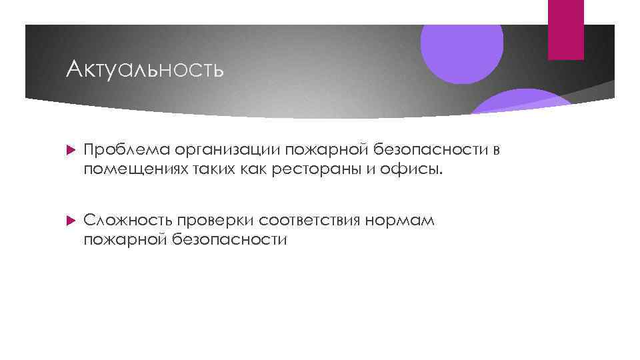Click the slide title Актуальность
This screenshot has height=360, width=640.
145,69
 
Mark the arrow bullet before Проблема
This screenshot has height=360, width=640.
73,151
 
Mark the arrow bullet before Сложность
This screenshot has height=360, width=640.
73,221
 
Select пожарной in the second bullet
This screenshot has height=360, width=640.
124,239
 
